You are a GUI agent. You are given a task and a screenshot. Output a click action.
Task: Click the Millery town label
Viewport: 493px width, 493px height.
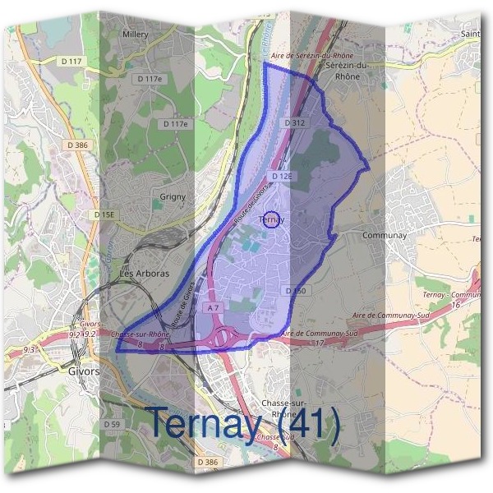134,35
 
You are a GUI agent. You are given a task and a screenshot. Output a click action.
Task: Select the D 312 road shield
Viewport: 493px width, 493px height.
294,122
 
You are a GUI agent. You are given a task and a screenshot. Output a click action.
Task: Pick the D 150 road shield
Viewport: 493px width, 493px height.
297,291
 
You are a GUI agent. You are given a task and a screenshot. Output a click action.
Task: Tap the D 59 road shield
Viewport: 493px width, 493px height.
113,424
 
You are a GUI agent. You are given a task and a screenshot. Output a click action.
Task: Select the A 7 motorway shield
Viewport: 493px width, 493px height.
214,307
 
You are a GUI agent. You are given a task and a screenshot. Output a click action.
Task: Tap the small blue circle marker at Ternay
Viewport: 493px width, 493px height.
274,219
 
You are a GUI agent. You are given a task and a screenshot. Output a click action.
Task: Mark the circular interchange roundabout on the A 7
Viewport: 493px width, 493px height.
222,337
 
